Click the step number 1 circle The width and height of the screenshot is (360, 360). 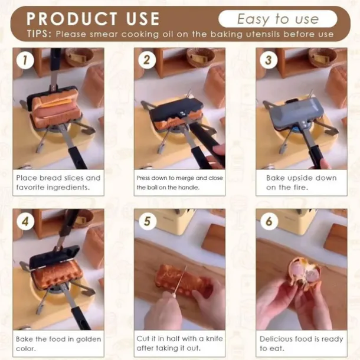25,60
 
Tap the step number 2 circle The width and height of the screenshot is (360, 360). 147,60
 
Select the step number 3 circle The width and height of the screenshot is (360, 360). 269,60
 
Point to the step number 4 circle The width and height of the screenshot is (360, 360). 25,221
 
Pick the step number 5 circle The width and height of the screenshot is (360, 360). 147,221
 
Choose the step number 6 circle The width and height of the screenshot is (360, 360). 269,221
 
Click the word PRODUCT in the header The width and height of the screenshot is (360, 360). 71,19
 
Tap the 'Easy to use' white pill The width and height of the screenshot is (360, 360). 278,19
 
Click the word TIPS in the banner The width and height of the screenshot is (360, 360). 39,34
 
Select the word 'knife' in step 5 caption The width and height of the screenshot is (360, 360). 214,339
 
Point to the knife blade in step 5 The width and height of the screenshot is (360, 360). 181,280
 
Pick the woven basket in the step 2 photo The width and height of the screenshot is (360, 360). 199,57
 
